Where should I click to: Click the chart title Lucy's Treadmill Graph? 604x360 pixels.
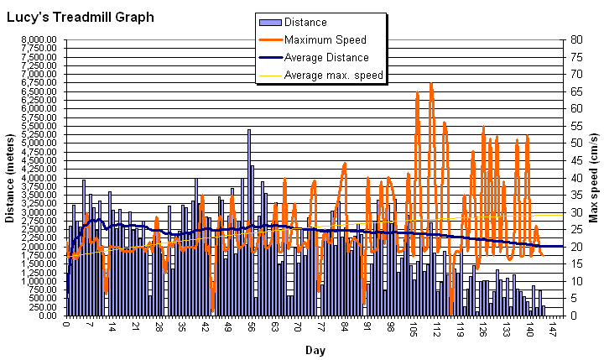click(81, 17)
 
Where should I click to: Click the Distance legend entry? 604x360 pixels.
click(305, 23)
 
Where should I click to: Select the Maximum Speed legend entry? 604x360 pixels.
click(325, 40)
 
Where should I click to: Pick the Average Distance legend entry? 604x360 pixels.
click(326, 58)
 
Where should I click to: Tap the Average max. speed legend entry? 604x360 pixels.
click(333, 76)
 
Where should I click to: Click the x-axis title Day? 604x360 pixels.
click(315, 349)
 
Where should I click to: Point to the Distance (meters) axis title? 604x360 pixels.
click(10, 177)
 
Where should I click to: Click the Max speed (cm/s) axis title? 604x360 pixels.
click(594, 177)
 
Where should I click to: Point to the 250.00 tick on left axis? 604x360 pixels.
click(44, 307)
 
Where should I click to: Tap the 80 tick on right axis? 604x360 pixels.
click(577, 39)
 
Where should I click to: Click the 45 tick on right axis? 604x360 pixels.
click(577, 160)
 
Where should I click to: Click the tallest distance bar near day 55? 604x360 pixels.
click(249, 218)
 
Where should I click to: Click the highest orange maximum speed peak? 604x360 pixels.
click(431, 84)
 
